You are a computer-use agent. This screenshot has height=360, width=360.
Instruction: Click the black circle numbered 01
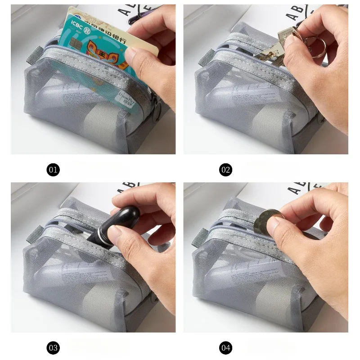(x=53, y=170)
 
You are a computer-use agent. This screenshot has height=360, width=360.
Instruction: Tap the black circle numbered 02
(x=225, y=170)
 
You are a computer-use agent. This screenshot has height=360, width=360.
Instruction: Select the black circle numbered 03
(x=53, y=347)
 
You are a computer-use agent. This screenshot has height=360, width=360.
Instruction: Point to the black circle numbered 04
(x=225, y=347)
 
